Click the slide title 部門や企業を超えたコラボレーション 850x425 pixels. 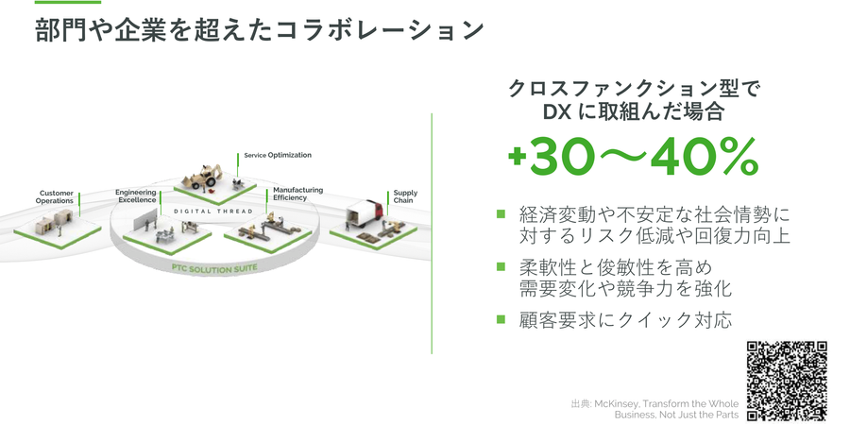click(x=259, y=30)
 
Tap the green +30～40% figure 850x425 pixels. click(x=633, y=157)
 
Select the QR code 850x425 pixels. click(x=787, y=382)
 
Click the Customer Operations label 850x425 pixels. click(x=55, y=196)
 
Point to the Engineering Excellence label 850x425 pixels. click(x=135, y=196)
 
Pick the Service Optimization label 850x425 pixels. click(x=278, y=155)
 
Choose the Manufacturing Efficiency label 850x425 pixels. click(x=297, y=194)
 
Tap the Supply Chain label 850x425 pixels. click(x=405, y=196)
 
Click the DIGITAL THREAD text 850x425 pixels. click(x=213, y=211)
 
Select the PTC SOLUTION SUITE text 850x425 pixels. click(x=214, y=268)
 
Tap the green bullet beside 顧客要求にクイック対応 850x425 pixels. click(x=501, y=319)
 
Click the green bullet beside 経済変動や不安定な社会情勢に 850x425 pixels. click(x=501, y=214)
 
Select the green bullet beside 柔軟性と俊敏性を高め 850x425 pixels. click(x=501, y=266)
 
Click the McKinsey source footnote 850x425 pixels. click(x=654, y=409)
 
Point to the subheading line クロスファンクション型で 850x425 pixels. click(x=634, y=89)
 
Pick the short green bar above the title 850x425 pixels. click(x=68, y=2)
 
